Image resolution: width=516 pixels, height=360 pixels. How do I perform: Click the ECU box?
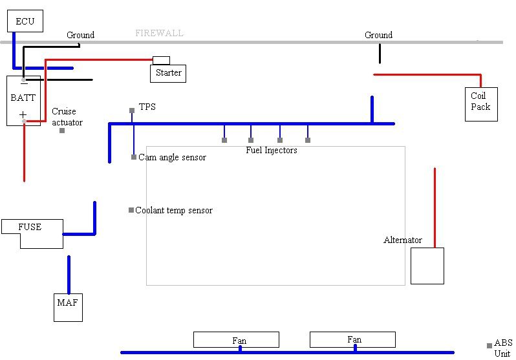coord(25,21)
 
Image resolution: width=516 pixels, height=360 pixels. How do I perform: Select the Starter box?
coord(168,73)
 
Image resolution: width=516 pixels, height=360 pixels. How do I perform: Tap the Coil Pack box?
coord(480,103)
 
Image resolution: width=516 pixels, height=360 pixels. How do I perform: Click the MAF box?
coord(68,307)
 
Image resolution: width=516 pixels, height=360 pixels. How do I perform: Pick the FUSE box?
coord(32,232)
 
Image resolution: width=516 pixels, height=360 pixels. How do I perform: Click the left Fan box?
coord(236,339)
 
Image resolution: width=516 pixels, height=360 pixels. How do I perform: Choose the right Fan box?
coord(352,339)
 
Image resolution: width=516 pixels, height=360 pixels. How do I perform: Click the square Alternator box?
coord(427,266)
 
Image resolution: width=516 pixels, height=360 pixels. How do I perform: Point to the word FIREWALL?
coord(159,33)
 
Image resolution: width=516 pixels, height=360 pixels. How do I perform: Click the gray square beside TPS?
coord(132,111)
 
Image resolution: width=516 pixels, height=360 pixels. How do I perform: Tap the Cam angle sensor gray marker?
coord(134,157)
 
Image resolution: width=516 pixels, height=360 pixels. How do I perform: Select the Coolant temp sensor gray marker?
coord(131,210)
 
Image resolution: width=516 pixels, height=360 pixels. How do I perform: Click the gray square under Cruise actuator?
coord(62,131)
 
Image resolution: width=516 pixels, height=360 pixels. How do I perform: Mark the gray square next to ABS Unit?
coord(489,346)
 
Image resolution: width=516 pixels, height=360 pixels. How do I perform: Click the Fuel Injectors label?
coord(272,150)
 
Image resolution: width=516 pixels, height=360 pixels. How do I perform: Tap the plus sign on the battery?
coord(23,114)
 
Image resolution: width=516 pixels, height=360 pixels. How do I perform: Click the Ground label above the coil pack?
coord(378,35)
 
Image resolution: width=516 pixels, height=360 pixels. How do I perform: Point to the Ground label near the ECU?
coord(81,35)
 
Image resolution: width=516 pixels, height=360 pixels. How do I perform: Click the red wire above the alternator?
coord(435,207)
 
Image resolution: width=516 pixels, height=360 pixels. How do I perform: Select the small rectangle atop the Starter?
coord(161,60)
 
